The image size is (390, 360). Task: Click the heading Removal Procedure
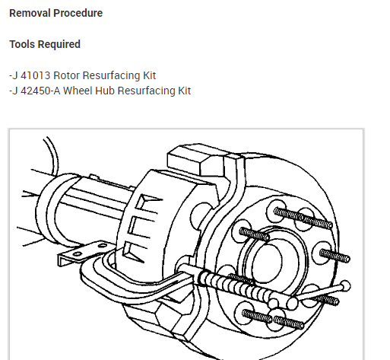[55, 13]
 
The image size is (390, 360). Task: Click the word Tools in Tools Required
[22, 44]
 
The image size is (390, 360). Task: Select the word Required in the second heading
[59, 44]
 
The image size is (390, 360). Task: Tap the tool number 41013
[35, 75]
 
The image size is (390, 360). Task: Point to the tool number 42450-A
[40, 91]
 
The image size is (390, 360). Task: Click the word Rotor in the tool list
[66, 75]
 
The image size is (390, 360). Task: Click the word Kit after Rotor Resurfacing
[149, 75]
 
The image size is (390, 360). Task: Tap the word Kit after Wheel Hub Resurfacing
[184, 91]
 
